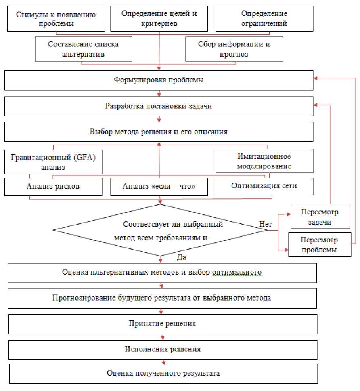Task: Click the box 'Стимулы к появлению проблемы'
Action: click(56, 19)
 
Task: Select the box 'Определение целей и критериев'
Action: click(159, 19)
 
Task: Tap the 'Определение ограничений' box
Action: click(264, 19)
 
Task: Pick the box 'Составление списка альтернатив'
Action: click(83, 49)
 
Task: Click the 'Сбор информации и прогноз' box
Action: click(234, 49)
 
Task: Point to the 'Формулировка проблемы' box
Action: click(159, 80)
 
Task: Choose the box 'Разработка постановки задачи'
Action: click(159, 107)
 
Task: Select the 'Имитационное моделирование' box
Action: click(264, 161)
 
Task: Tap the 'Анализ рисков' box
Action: click(53, 187)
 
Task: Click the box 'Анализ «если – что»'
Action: click(159, 187)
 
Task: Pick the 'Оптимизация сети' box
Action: click(264, 186)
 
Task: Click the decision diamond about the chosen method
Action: click(160, 230)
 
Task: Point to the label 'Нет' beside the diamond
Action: click(264, 223)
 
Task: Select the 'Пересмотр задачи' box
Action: click(320, 217)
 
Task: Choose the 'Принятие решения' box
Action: click(162, 324)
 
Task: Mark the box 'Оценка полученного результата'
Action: click(163, 373)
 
